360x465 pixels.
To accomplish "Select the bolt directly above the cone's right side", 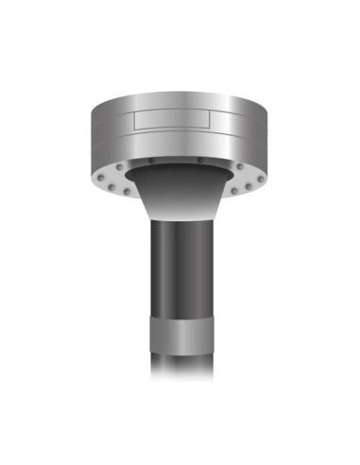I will tap(200, 161).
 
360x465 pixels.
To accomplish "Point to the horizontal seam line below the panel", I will tap(180, 134).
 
